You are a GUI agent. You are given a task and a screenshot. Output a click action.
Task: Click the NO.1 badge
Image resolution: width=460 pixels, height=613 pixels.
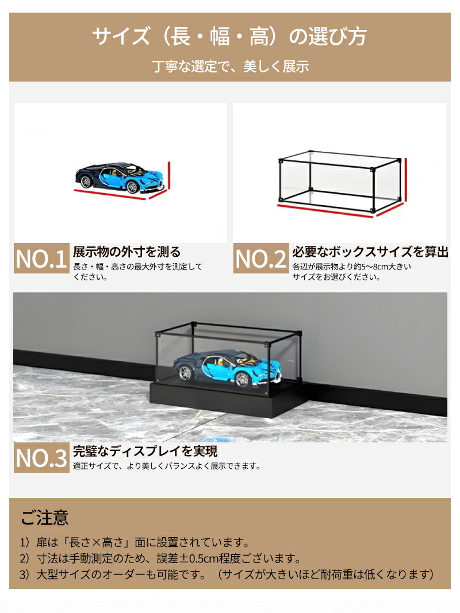point(41,259)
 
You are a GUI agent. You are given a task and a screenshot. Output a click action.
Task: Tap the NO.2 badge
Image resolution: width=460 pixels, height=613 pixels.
point(261,259)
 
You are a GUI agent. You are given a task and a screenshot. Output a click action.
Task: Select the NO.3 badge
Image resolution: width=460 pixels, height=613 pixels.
point(41,457)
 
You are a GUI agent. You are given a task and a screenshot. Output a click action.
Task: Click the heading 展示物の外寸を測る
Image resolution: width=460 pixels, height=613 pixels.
point(126,252)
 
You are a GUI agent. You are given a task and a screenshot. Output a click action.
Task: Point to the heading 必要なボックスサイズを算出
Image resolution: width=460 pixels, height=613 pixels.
point(370,252)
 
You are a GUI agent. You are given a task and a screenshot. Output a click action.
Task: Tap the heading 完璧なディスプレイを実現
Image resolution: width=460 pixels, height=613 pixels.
point(145,451)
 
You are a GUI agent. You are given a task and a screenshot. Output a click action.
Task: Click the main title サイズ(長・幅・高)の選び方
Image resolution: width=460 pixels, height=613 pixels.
point(229,36)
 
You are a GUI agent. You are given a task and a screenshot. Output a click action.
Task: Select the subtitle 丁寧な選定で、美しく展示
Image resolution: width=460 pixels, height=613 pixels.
point(231,66)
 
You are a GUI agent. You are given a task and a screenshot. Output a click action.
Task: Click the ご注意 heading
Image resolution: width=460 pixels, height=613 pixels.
point(45,517)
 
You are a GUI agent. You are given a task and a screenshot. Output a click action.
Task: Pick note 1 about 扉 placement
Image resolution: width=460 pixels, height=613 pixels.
point(135,542)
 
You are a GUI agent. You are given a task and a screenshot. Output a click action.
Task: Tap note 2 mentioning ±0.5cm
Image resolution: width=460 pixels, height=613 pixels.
point(160,558)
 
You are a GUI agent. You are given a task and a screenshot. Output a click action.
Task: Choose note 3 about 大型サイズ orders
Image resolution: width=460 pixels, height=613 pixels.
point(227,575)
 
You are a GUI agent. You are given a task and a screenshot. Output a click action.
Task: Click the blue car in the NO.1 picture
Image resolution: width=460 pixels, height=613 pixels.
point(120,179)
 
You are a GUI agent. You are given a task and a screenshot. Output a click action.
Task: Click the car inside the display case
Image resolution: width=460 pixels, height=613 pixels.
point(227,365)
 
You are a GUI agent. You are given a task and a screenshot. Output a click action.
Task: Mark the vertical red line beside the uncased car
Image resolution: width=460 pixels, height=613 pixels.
point(170,176)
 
